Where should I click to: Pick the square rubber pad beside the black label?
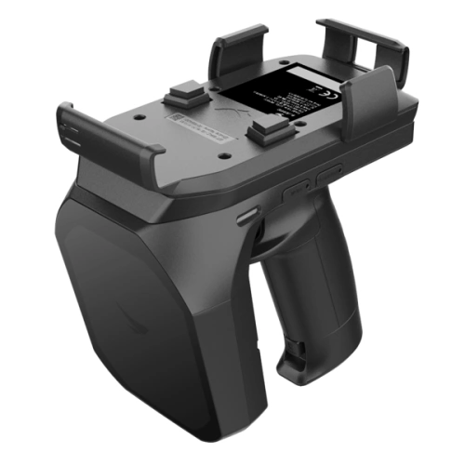(x=266, y=128)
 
